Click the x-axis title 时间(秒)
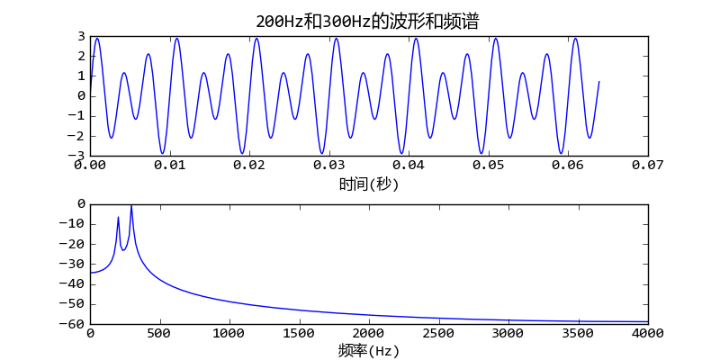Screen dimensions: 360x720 [x=368, y=184]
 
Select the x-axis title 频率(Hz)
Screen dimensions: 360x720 [x=368, y=350]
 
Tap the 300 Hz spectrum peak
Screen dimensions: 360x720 [x=131, y=206]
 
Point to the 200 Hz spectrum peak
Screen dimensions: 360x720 [x=118, y=217]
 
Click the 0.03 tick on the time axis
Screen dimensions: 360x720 [x=328, y=166]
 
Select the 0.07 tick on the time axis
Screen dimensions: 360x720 [x=647, y=166]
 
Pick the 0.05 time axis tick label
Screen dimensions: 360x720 [x=488, y=166]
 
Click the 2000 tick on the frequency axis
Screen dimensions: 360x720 [x=368, y=333]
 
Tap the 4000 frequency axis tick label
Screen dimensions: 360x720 [x=647, y=333]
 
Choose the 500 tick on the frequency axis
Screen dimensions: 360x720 [x=159, y=333]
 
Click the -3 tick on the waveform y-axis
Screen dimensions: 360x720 [x=77, y=156]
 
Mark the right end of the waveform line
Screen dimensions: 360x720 [x=599, y=82]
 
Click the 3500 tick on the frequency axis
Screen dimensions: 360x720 [x=578, y=333]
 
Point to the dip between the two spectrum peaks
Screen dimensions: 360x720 [x=123, y=249]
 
